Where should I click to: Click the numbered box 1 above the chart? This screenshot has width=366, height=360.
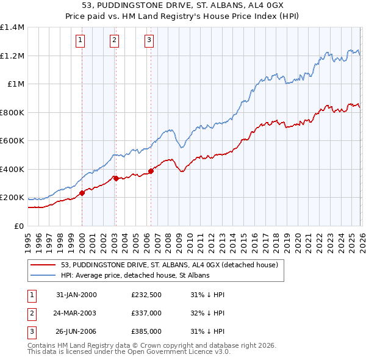(x=81, y=41)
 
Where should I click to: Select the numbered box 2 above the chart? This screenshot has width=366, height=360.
(x=114, y=41)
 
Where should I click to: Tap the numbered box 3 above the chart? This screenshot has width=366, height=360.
(x=149, y=41)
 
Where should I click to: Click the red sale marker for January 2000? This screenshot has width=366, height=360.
(x=82, y=193)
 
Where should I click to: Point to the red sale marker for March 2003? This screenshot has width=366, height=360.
(x=116, y=178)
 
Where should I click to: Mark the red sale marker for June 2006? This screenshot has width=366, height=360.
(x=151, y=171)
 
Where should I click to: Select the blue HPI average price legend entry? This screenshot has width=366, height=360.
(x=135, y=276)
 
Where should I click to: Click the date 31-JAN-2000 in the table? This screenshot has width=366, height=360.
(x=76, y=295)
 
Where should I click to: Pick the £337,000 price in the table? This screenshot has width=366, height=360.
(x=146, y=313)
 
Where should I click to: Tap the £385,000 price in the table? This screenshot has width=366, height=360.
(x=146, y=331)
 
